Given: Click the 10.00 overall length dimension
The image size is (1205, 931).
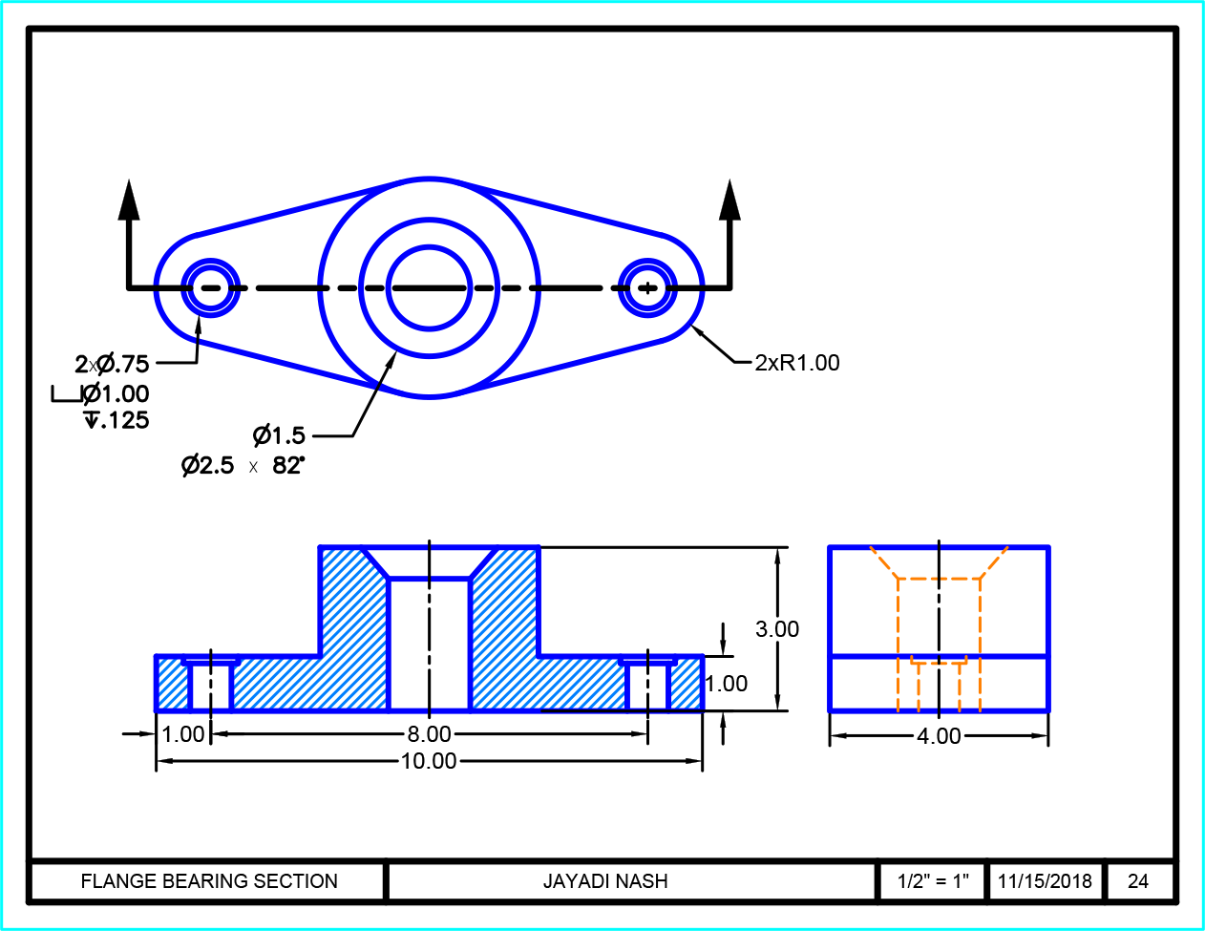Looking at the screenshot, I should tap(429, 761).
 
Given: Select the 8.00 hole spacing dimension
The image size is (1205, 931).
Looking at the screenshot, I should tap(429, 734).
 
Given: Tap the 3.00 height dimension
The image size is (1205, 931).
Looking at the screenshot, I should tap(777, 629).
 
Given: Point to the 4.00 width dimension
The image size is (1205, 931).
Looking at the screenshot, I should tap(939, 736).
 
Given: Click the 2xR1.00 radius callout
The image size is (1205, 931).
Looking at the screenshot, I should tap(797, 363).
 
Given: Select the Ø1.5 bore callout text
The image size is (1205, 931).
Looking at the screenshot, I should tap(280, 436).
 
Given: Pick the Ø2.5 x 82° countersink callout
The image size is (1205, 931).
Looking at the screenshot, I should tap(243, 466).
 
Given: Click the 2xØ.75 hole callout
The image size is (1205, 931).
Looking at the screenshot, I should tap(113, 364).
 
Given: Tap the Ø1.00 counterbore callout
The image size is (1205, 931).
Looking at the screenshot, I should tap(116, 393).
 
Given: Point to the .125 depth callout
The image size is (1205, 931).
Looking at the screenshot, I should tap(118, 420).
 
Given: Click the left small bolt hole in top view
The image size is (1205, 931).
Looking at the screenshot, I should tap(210, 287).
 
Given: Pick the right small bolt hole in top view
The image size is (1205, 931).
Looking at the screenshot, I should tap(648, 287).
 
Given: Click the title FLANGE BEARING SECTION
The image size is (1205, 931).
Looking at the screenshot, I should tap(209, 881).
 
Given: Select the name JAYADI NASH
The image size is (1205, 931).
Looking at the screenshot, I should tap(605, 881).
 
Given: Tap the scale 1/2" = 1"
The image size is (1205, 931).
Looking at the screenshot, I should tap(933, 881).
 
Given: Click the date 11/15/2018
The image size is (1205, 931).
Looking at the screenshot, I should tap(1045, 881).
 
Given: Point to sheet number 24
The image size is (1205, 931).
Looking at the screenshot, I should tap(1138, 881).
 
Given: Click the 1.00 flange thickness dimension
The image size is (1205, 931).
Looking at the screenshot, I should tap(727, 684).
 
